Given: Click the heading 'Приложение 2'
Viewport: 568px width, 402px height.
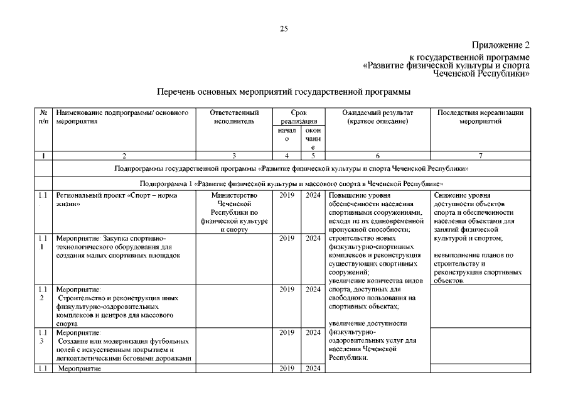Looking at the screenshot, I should point(501,45).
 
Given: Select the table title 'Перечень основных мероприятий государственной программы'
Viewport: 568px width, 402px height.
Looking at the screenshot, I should point(284,92).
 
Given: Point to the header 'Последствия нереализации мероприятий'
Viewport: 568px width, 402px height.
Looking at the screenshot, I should point(480,117).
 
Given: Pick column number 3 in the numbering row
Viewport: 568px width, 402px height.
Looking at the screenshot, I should point(233,155).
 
